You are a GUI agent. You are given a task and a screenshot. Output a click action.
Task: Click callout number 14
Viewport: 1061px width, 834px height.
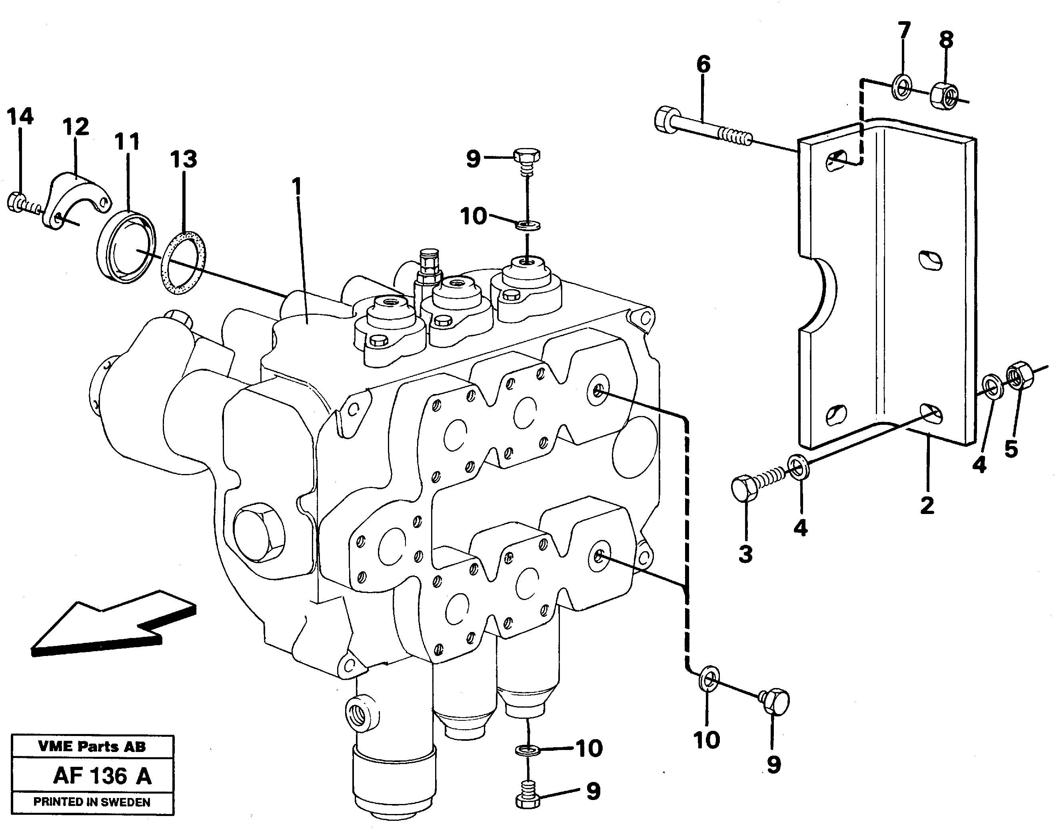click(x=20, y=117)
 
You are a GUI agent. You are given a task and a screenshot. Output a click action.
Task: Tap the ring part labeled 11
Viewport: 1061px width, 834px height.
click(x=126, y=246)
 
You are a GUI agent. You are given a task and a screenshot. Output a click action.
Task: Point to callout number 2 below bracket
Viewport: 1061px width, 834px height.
click(x=927, y=505)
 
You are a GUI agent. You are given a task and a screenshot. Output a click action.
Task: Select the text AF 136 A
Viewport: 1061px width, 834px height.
click(x=102, y=776)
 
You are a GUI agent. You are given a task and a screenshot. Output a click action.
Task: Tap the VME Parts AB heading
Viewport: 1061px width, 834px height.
click(x=92, y=746)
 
